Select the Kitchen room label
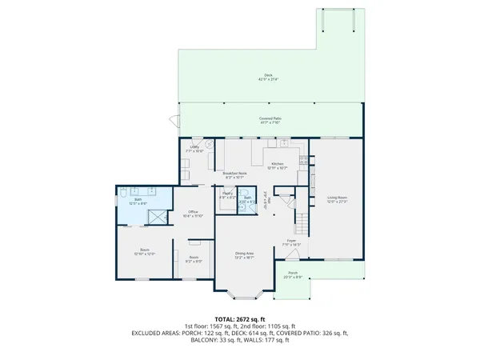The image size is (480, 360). [278, 164]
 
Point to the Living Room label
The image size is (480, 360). [336, 199]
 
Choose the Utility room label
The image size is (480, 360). [194, 149]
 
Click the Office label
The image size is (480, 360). [194, 214]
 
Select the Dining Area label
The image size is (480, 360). [244, 255]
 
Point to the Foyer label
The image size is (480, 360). [292, 241]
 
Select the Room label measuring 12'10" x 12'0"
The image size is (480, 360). [145, 252]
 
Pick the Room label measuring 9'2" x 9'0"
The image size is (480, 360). [194, 259]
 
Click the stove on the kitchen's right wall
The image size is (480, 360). [302, 160]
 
